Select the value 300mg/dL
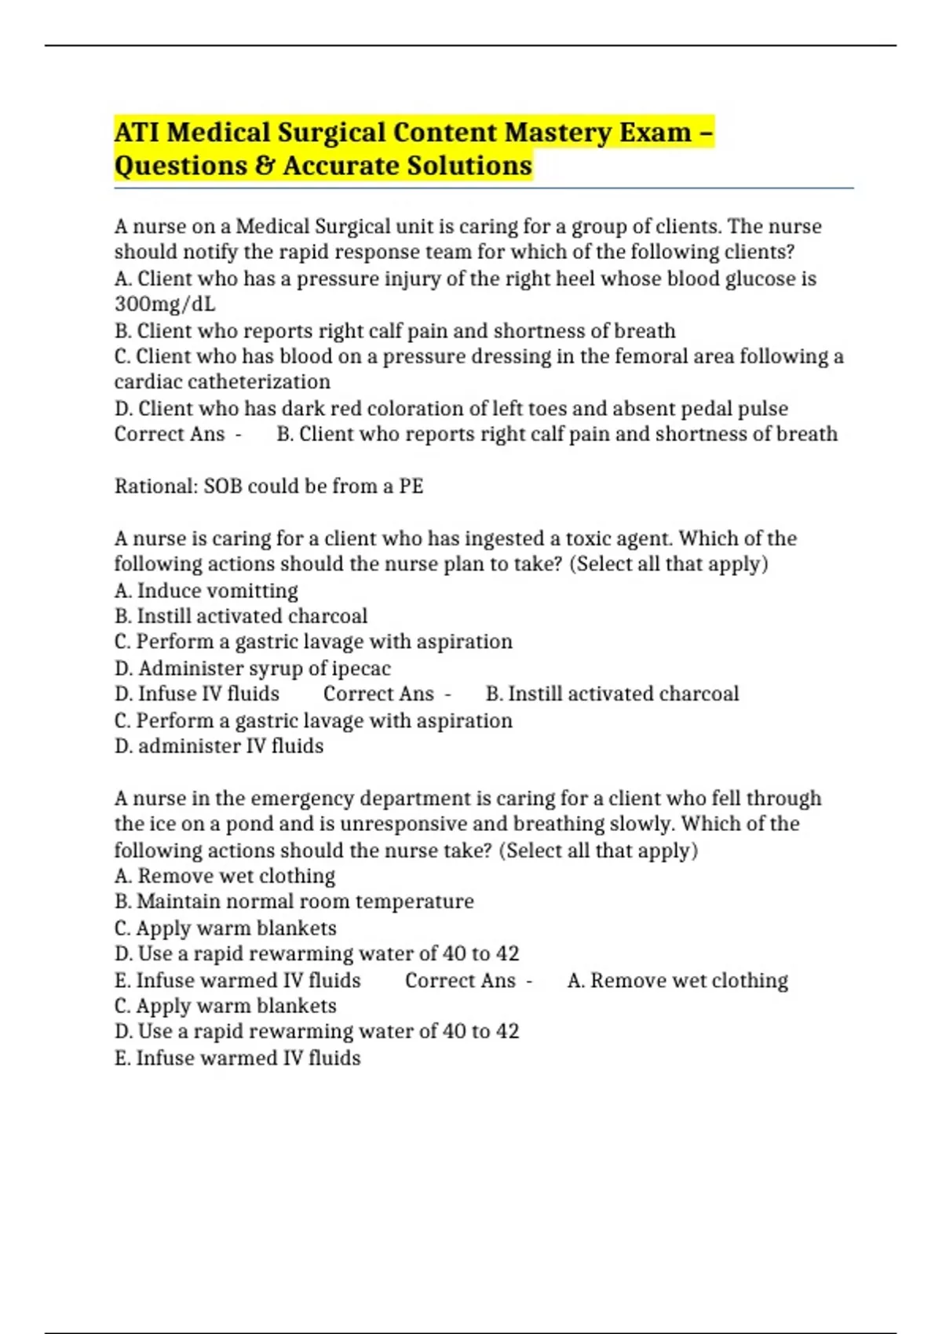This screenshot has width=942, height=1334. tap(165, 304)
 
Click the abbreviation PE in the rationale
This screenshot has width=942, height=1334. tap(411, 487)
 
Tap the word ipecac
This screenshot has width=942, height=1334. tap(361, 669)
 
